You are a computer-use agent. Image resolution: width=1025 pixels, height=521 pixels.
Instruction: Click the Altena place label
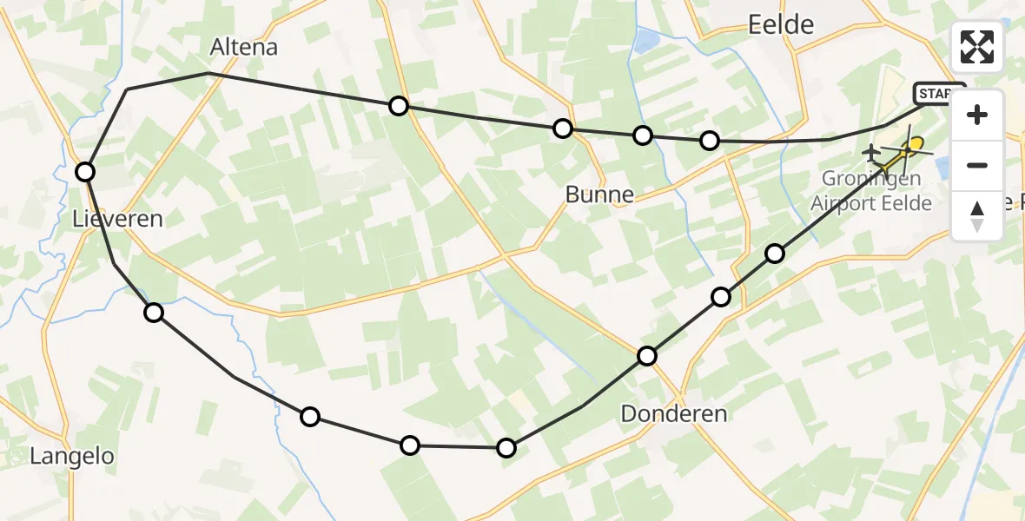[244, 47]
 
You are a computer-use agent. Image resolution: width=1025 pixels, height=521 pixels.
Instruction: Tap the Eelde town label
[781, 25]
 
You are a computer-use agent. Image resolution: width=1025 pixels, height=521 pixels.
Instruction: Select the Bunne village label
[598, 195]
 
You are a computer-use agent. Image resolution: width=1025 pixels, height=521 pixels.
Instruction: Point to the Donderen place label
[674, 414]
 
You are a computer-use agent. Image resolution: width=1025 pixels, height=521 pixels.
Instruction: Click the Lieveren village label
[117, 218]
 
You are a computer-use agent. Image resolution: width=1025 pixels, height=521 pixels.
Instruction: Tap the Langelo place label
[72, 456]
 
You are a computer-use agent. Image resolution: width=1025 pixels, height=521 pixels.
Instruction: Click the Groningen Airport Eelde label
[871, 193]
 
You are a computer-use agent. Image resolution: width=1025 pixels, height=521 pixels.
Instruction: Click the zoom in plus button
[977, 115]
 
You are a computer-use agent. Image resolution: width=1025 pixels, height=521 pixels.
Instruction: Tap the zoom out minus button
[977, 165]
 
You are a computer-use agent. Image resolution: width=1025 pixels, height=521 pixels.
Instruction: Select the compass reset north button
[977, 215]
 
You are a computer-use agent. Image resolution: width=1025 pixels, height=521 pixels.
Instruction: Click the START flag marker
[938, 93]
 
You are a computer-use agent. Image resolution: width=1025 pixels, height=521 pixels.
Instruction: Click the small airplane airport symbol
[871, 154]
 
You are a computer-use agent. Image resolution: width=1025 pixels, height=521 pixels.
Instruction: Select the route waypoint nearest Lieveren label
[85, 172]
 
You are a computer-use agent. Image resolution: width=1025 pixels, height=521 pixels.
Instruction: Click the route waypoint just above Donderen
[647, 356]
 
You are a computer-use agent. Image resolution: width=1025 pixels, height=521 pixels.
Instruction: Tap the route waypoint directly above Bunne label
[563, 129]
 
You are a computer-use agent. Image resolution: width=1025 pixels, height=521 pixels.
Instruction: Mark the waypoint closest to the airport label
[774, 254]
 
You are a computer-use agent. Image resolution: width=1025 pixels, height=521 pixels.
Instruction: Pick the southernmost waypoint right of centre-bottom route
[506, 448]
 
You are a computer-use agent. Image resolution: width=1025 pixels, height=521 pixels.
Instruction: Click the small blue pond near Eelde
[647, 40]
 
